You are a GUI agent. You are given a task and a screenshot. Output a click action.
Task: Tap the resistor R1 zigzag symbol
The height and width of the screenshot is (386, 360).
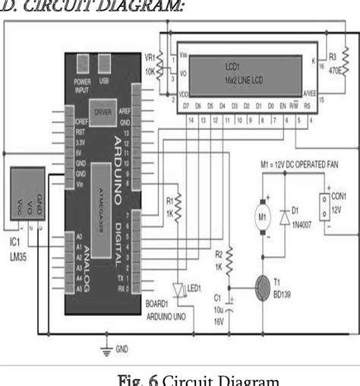(x=178, y=205)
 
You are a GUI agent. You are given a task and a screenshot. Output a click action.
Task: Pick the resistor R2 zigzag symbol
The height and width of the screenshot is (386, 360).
(x=228, y=262)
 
